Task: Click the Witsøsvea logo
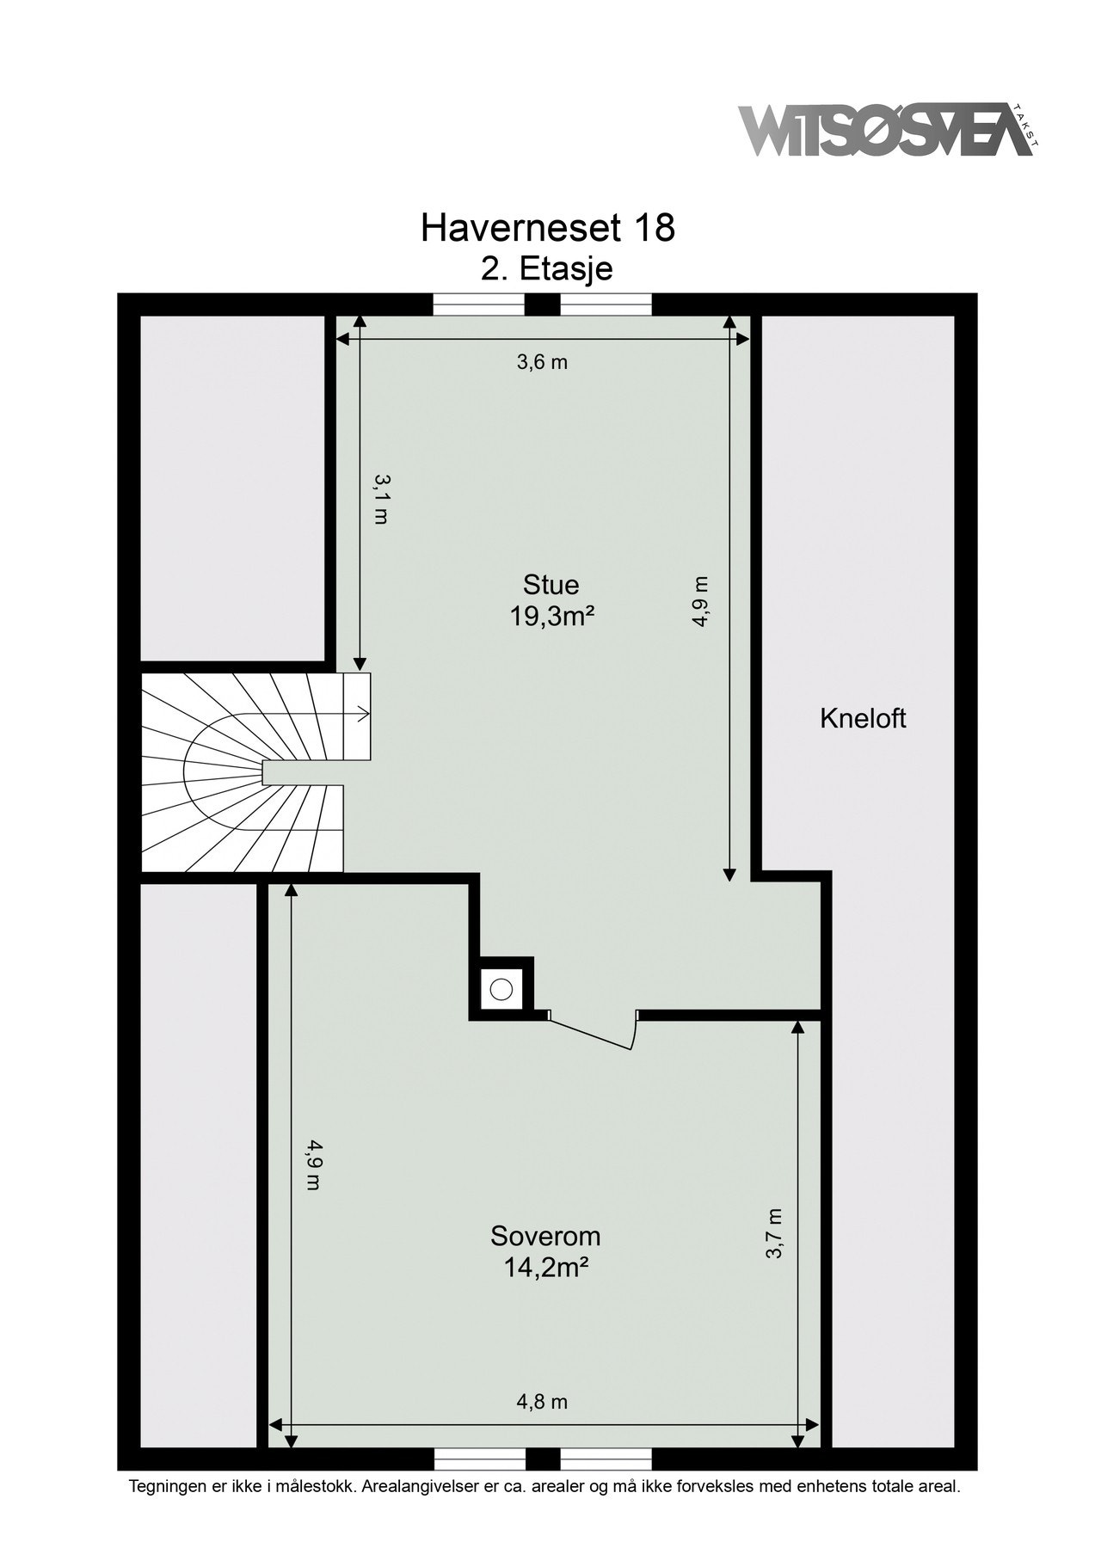tap(886, 131)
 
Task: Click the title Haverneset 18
tap(548, 228)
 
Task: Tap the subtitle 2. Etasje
tap(547, 268)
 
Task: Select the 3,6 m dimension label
tap(542, 362)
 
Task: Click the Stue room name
tap(551, 585)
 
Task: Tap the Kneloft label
tap(863, 718)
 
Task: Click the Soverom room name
tap(545, 1237)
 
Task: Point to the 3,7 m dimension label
tap(774, 1233)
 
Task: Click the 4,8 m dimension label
tap(542, 1403)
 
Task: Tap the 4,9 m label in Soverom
tap(314, 1165)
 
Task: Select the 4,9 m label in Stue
tap(700, 602)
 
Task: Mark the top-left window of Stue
tap(477, 305)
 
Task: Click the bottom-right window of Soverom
tap(606, 1459)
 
